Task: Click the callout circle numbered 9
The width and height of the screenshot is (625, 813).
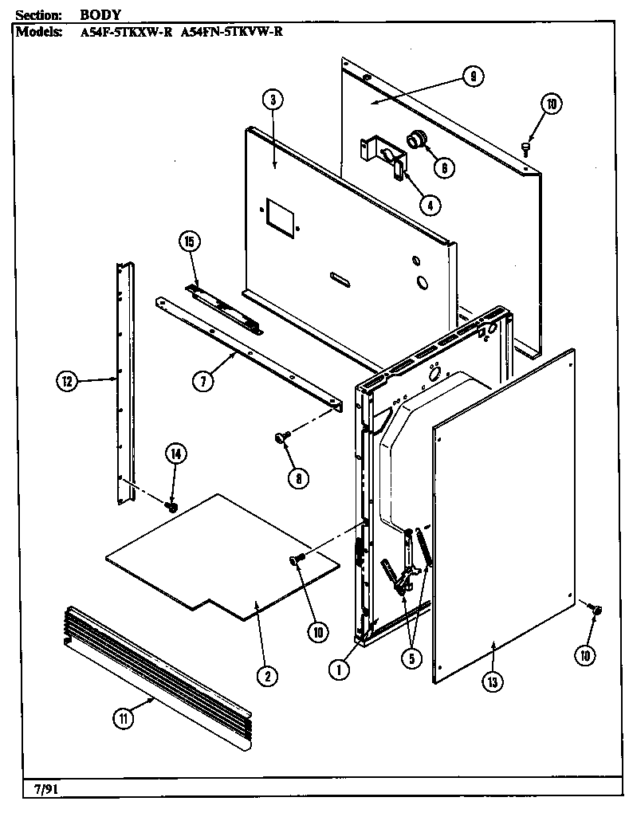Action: [x=473, y=77]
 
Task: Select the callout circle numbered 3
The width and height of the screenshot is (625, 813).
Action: [x=272, y=100]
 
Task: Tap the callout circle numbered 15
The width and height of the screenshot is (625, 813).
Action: [x=192, y=242]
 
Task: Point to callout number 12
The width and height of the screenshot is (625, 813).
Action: [x=67, y=382]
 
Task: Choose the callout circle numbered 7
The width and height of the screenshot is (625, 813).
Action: [x=205, y=382]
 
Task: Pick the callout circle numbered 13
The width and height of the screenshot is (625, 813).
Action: [x=493, y=682]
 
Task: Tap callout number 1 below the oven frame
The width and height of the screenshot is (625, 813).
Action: [x=339, y=670]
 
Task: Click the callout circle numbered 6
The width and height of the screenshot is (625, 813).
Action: [x=444, y=167]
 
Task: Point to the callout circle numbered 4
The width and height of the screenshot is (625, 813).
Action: [x=429, y=204]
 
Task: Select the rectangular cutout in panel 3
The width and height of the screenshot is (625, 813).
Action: [x=279, y=213]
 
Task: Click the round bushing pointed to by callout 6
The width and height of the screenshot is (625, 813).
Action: [x=416, y=140]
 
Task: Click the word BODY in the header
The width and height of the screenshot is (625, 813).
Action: [x=99, y=15]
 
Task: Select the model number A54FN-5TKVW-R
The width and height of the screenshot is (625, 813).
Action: [x=230, y=33]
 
